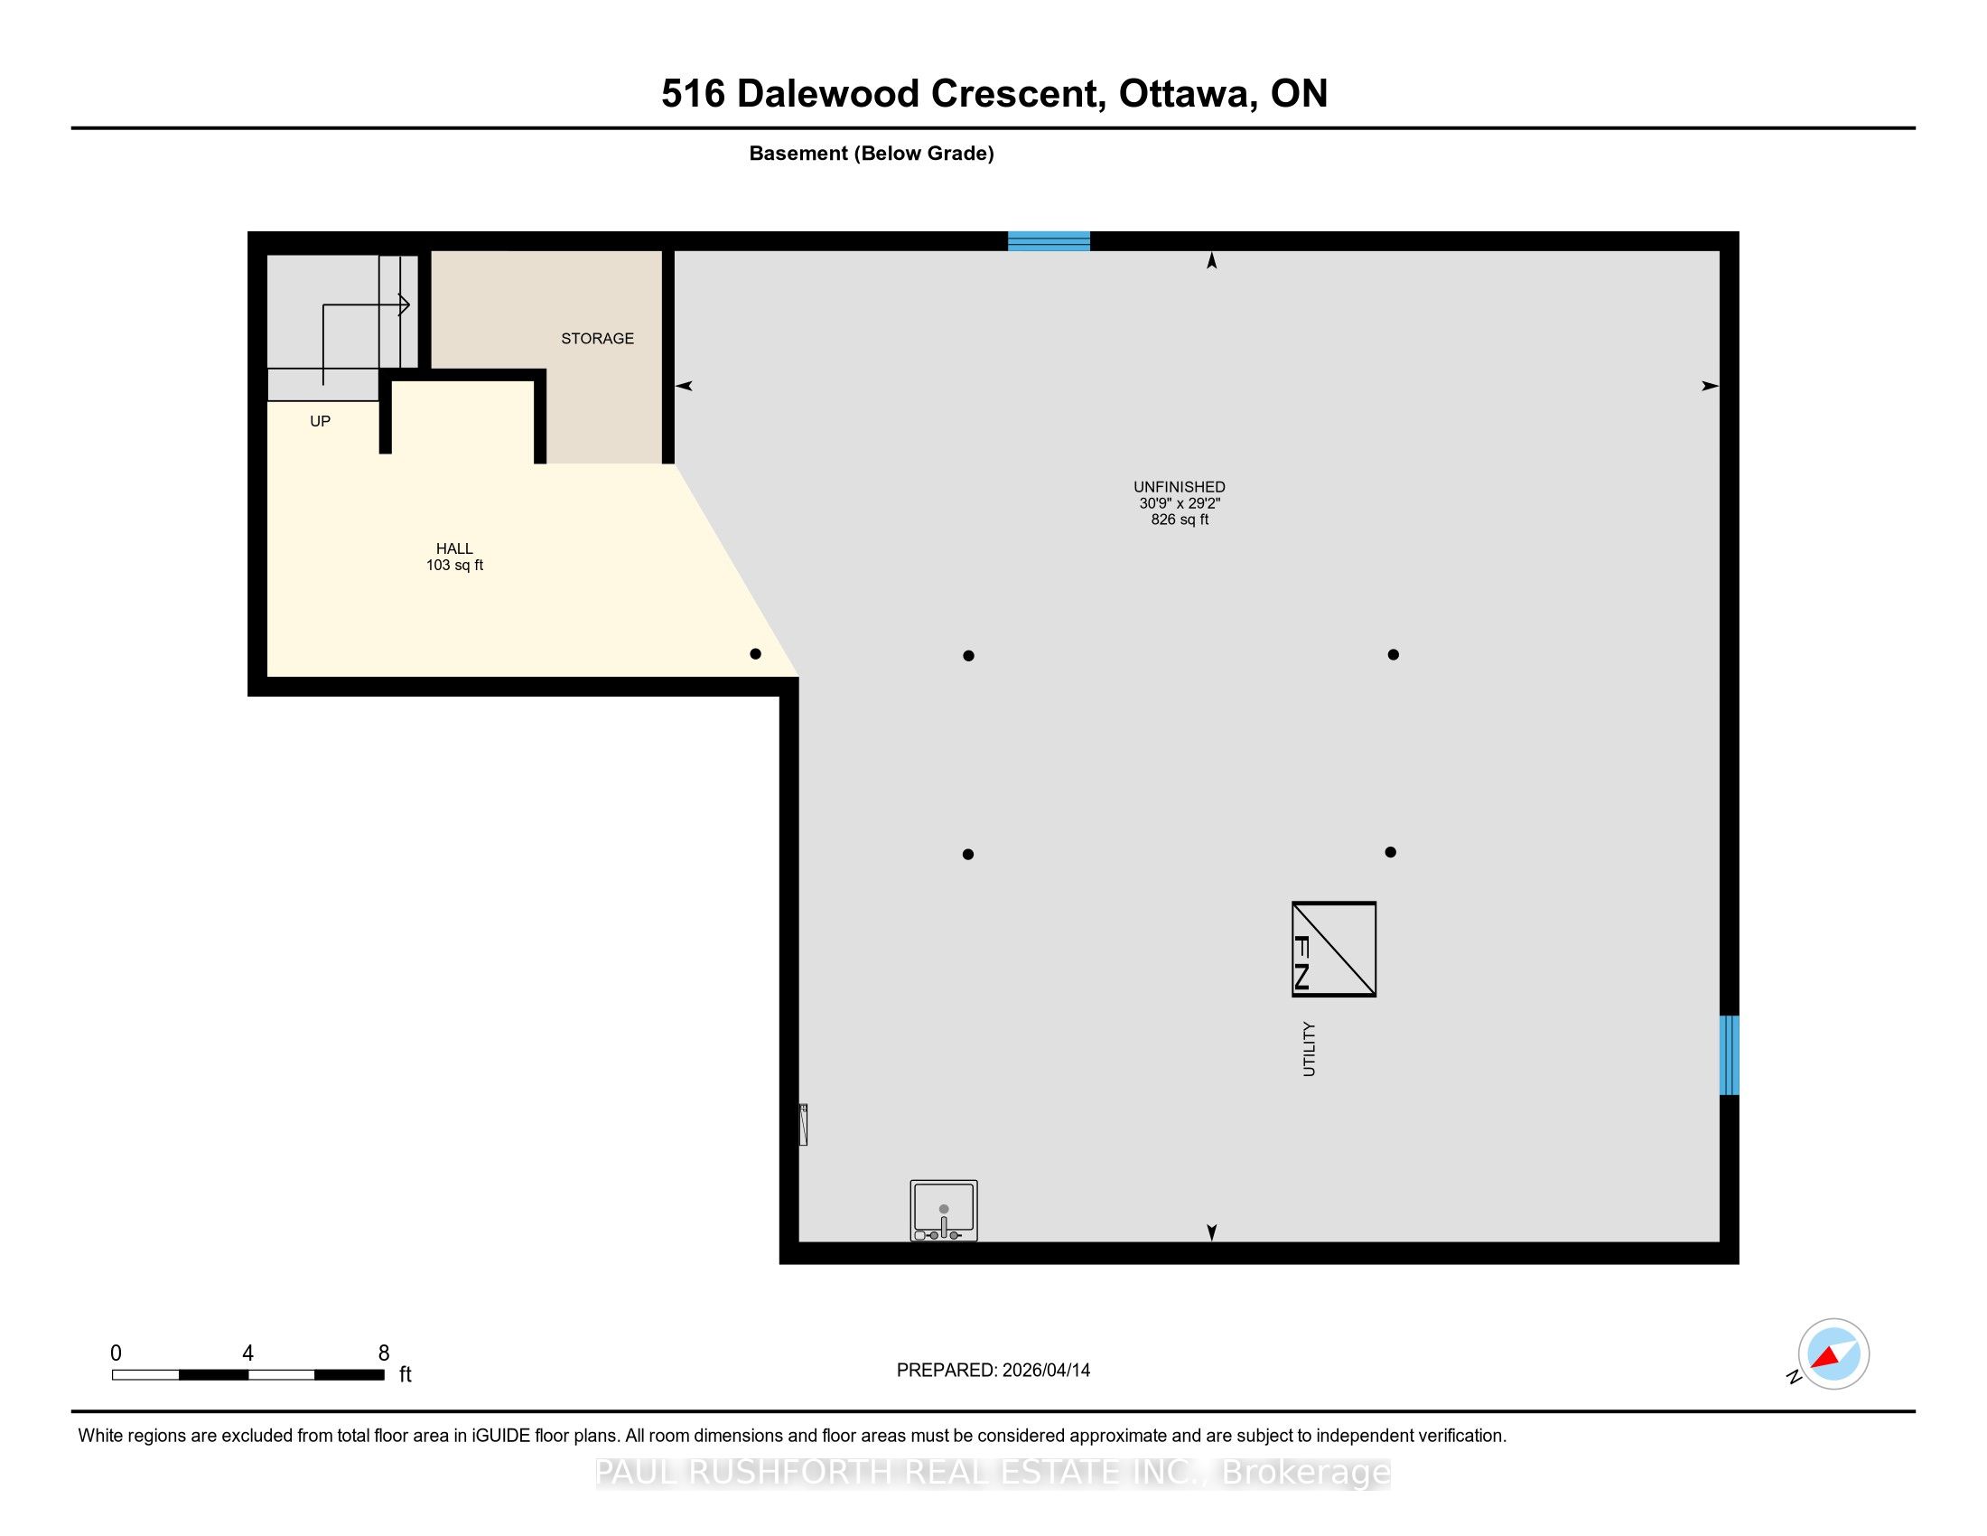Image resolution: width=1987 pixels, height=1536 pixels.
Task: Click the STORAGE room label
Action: pyautogui.click(x=597, y=339)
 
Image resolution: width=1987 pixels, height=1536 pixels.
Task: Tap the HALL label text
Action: pyautogui.click(x=454, y=548)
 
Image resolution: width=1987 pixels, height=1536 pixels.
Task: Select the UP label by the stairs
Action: pyautogui.click(x=321, y=421)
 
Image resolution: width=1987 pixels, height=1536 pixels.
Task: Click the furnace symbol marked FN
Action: pyautogui.click(x=1334, y=949)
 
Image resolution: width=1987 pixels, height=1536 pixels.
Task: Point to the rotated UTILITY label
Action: pyautogui.click(x=1310, y=1049)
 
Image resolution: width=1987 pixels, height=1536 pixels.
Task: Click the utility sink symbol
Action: pyautogui.click(x=945, y=1210)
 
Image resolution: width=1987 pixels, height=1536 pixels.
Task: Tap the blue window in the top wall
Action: pyautogui.click(x=1049, y=241)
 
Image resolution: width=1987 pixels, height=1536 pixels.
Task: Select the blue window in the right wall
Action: pyautogui.click(x=1730, y=1054)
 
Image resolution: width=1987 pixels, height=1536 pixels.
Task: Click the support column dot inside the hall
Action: pyautogui.click(x=755, y=653)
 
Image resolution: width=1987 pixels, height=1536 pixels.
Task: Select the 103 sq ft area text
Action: pyautogui.click(x=454, y=565)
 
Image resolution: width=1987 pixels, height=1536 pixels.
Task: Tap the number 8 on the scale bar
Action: pyautogui.click(x=384, y=1353)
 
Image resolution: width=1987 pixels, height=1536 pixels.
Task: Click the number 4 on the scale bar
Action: pyautogui.click(x=247, y=1353)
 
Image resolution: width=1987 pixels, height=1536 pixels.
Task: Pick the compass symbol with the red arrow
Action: pyautogui.click(x=1833, y=1354)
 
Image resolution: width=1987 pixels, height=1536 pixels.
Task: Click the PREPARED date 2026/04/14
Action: pyautogui.click(x=1046, y=1371)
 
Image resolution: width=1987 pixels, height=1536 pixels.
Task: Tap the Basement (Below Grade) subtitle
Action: pyautogui.click(x=872, y=154)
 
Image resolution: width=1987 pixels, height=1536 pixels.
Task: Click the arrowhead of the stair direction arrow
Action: pyautogui.click(x=405, y=304)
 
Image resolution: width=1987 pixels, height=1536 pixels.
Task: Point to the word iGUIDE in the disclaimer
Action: pyautogui.click(x=501, y=1436)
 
